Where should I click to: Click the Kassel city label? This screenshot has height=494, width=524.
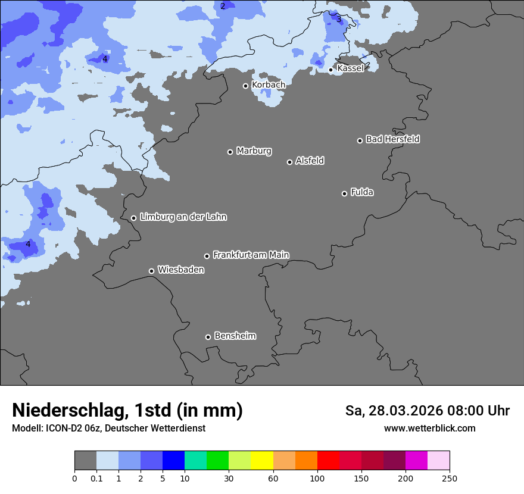click(350, 68)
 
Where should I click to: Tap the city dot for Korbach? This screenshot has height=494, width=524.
click(245, 86)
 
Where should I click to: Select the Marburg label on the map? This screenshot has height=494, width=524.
click(254, 151)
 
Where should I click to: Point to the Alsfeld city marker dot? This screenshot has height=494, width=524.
click(289, 162)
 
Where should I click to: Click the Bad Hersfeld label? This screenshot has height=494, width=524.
click(392, 139)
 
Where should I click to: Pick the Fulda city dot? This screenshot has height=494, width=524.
click(344, 193)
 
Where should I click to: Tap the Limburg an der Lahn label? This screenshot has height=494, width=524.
click(183, 217)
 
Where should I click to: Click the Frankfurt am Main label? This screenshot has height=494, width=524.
click(251, 255)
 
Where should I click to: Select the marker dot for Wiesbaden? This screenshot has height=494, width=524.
click(151, 271)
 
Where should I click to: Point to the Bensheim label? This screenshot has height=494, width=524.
click(235, 336)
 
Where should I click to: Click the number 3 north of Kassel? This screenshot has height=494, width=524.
click(339, 19)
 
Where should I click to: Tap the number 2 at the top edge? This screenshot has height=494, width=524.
click(223, 6)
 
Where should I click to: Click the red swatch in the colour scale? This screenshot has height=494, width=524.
click(328, 461)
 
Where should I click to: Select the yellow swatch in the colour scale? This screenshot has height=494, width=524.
click(262, 461)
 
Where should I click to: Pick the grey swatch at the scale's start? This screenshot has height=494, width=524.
click(85, 461)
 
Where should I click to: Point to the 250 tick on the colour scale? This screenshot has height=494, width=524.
click(450, 478)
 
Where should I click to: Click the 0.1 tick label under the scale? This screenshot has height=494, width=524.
click(96, 478)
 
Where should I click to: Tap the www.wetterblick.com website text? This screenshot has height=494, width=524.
click(429, 429)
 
